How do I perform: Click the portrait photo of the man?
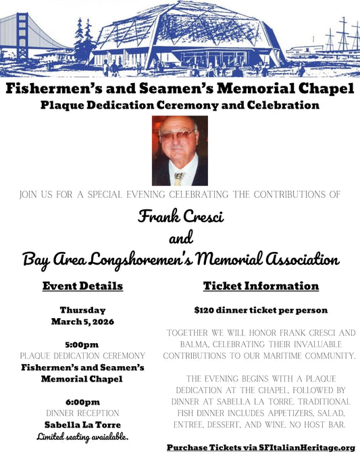coord(179,151)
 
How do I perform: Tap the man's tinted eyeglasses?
coord(177,134)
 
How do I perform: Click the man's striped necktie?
coord(178,178)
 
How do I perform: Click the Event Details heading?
coord(82,286)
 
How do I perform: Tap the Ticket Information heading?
coord(261,286)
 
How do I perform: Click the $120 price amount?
coord(203,311)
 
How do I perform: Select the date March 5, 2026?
coord(82,321)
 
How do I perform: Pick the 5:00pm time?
coord(82,344)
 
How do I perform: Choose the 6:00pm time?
coord(82,401)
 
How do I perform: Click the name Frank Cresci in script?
coord(180,217)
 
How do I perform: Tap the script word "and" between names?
coord(180,238)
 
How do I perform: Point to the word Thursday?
coord(82,311)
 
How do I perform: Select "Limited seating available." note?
coord(82,437)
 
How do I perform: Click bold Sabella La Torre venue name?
coord(82,425)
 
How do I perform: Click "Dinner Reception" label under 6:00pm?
coord(82,413)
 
